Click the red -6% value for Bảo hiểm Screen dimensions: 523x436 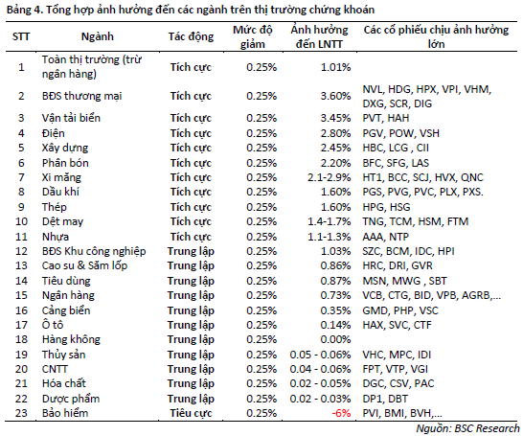(x=341, y=413)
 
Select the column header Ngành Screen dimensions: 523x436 (x=98, y=36)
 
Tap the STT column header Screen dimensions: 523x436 (x=21, y=36)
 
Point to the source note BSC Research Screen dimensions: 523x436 (x=467, y=428)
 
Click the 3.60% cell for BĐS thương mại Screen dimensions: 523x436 (x=336, y=96)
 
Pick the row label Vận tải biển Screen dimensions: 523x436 (x=71, y=118)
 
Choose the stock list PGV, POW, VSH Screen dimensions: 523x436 (x=401, y=133)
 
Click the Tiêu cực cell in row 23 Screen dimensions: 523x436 (x=191, y=413)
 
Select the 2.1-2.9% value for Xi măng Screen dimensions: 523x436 (x=330, y=177)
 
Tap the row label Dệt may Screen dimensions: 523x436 (x=62, y=221)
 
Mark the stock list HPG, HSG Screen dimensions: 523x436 (x=386, y=207)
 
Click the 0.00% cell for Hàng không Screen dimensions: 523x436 (x=336, y=339)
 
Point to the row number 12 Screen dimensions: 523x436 (x=21, y=251)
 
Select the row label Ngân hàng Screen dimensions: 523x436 (x=68, y=295)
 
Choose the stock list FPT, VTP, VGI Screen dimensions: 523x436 (x=396, y=369)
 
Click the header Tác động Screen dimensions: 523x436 (x=191, y=36)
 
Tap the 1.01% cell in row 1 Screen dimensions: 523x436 (x=336, y=67)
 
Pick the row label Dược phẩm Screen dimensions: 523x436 (x=71, y=399)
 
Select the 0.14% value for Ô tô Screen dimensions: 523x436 (x=336, y=325)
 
